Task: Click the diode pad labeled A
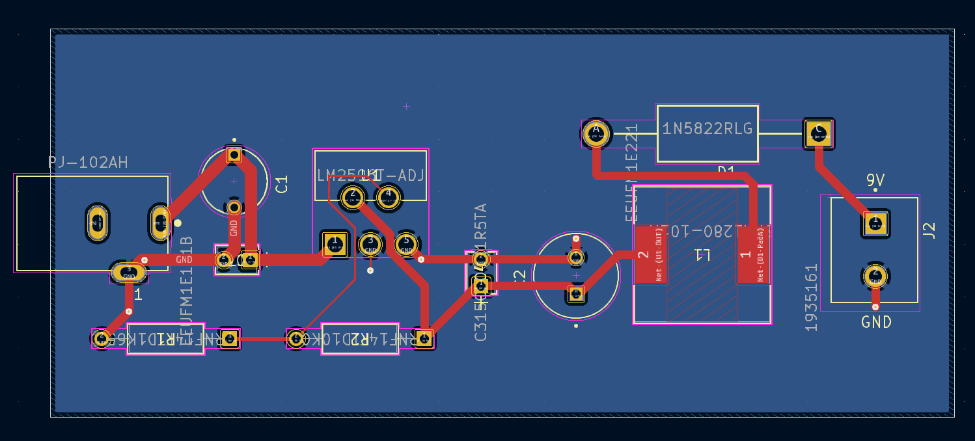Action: point(596,133)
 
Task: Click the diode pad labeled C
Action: point(818,133)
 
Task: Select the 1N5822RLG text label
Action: point(707,129)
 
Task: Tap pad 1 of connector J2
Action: point(875,224)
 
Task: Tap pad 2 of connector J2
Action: point(875,276)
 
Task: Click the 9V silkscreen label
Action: point(875,180)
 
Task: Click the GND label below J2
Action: point(876,322)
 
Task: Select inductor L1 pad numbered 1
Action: point(752,254)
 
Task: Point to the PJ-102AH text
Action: point(88,163)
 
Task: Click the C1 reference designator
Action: point(282,184)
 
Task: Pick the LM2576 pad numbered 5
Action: point(406,243)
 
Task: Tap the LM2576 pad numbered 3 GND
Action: point(370,245)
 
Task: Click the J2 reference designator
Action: point(929,230)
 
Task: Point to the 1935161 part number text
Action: point(811,298)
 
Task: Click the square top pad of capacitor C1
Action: point(234,155)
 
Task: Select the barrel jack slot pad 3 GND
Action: point(128,272)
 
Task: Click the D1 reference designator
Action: point(726,171)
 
